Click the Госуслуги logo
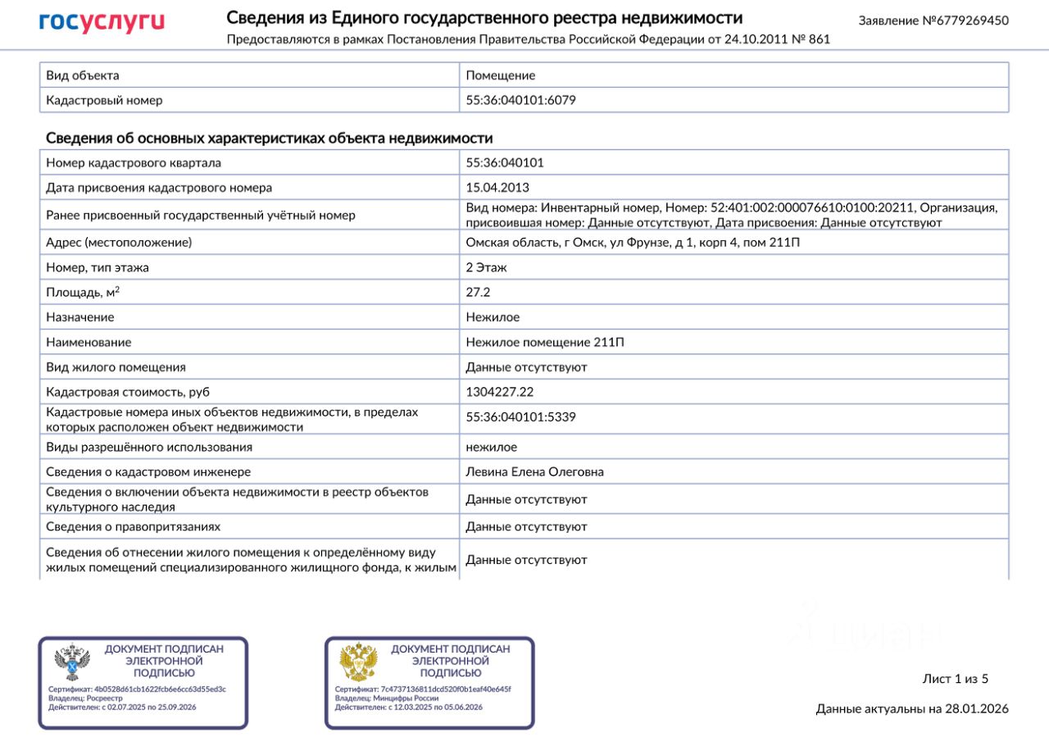coord(102,22)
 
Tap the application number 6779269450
coord(933,20)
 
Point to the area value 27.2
coord(478,292)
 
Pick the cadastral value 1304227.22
coord(499,392)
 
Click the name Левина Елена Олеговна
coord(534,471)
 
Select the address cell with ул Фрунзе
coord(633,243)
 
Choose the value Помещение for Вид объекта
coord(500,75)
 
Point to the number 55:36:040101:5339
coord(520,417)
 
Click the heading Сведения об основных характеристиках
coord(269,138)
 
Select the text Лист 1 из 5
coord(956,679)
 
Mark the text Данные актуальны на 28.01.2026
coord(912,709)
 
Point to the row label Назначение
coord(80,317)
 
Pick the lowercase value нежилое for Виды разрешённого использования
coord(492,447)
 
